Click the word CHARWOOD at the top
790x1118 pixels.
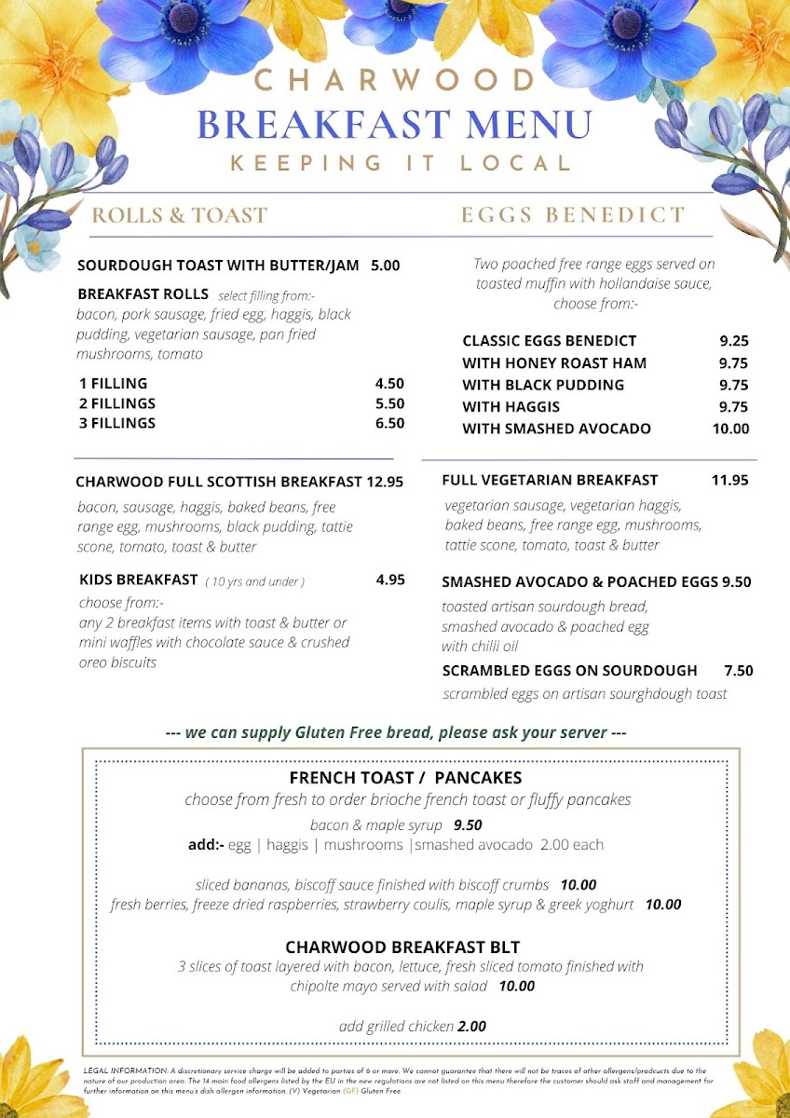[395, 81]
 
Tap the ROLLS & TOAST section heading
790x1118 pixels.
[179, 216]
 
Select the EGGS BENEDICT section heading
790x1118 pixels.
[573, 216]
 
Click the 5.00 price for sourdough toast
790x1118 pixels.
[385, 266]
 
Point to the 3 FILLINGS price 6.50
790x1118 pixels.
[389, 423]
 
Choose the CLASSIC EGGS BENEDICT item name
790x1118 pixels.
[549, 341]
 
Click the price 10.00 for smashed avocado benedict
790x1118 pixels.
[730, 429]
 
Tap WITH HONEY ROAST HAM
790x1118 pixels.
[554, 362]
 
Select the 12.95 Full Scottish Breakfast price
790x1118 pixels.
[385, 482]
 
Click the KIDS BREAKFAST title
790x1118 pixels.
[138, 579]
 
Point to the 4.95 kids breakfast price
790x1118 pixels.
[390, 579]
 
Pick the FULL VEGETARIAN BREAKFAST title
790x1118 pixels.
[550, 481]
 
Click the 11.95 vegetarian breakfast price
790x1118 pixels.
[730, 481]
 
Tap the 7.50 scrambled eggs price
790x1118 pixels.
[738, 671]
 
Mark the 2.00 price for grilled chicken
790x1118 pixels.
[472, 1027]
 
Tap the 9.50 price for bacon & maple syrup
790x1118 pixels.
[468, 825]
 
